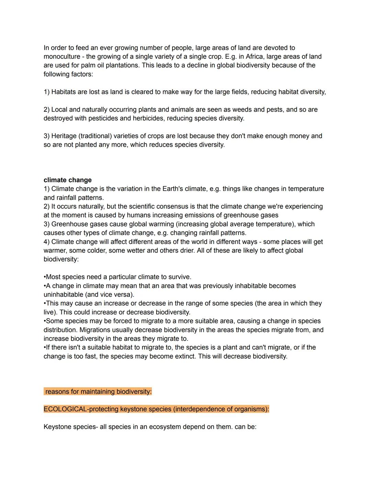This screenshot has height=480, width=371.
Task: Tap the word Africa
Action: click(254, 57)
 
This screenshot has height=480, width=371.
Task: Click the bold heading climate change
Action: click(68, 180)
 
